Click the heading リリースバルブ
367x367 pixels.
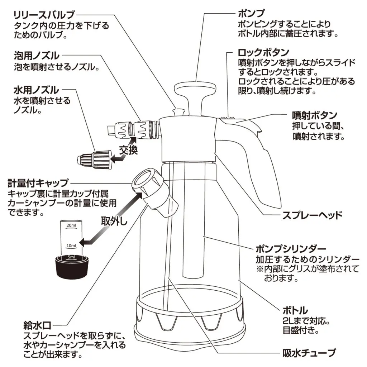point(44,15)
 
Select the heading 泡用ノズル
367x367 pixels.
point(36,56)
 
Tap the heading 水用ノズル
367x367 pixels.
point(36,90)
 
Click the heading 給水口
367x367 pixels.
point(37,326)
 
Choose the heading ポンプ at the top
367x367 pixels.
point(251,14)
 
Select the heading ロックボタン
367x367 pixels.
point(263,52)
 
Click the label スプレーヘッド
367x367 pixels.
point(312,215)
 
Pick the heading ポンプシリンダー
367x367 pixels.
point(291,249)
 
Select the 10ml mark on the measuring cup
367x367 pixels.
point(71,246)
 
